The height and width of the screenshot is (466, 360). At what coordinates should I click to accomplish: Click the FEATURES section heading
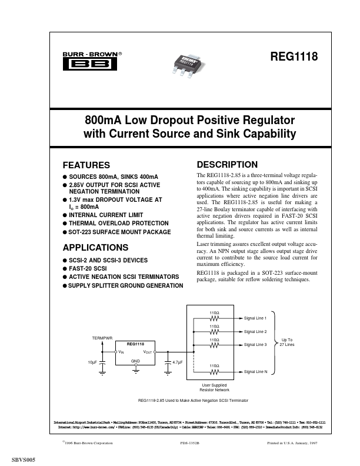tap(86, 165)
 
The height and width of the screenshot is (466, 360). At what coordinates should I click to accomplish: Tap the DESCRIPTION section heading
tap(227, 164)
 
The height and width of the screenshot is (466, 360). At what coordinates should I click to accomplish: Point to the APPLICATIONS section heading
tap(95, 247)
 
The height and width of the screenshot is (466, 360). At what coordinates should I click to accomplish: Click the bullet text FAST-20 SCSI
tap(88, 268)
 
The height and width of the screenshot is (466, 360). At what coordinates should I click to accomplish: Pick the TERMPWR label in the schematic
tap(102, 339)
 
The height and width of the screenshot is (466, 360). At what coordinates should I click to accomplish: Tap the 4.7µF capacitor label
tap(178, 363)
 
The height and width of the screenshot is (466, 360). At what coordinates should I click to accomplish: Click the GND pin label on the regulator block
tap(135, 360)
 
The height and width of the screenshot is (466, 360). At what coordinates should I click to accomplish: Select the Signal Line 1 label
tap(255, 317)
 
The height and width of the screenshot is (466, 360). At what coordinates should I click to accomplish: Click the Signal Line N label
tap(255, 372)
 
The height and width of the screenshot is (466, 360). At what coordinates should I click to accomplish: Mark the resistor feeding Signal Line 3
tap(214, 345)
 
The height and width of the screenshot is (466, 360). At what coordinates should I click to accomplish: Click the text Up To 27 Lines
tap(286, 342)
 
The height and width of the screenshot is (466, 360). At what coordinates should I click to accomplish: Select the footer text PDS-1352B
tap(192, 442)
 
